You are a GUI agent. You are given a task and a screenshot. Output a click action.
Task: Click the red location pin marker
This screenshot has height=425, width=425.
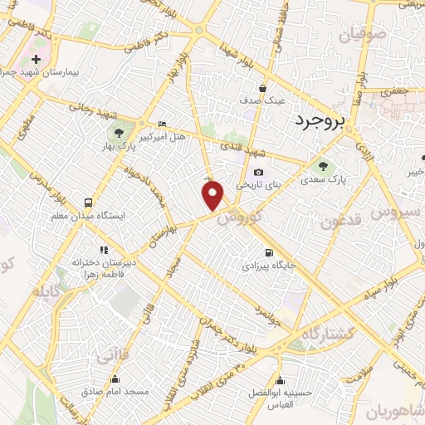213,195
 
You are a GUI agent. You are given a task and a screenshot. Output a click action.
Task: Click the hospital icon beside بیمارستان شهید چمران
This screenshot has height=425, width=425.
37,60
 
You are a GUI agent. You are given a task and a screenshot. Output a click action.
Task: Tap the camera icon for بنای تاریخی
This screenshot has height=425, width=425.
258,173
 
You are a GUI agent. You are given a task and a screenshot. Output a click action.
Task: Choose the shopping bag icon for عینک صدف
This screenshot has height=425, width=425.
262,88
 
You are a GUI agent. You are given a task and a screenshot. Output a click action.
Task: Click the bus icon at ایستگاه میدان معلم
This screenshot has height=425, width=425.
88,202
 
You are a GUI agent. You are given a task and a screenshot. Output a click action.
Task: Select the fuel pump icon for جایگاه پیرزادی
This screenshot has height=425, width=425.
267,253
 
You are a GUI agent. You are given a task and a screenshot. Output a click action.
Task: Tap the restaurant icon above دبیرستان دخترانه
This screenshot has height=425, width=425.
104,249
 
